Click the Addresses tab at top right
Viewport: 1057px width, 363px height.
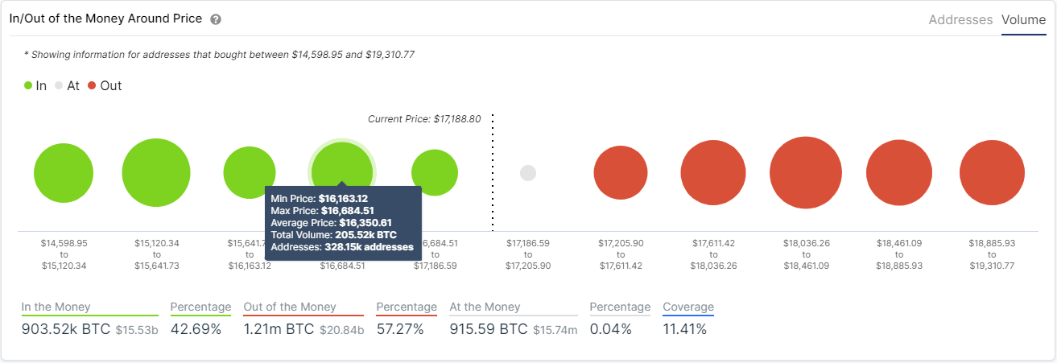click(960, 20)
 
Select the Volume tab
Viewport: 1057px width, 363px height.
click(1023, 20)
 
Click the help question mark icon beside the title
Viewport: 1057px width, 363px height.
click(216, 19)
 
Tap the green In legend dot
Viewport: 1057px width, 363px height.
click(28, 85)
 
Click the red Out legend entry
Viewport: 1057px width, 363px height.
click(105, 85)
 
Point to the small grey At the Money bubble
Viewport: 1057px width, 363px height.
click(528, 173)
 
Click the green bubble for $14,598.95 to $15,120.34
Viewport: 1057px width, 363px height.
click(57, 173)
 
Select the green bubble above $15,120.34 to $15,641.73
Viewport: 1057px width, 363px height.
click(156, 173)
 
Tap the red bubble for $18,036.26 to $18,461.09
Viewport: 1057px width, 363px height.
click(806, 173)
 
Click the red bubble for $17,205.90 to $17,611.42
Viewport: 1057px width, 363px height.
click(621, 173)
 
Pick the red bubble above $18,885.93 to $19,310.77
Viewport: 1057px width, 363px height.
click(992, 173)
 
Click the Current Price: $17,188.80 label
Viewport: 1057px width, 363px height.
click(424, 119)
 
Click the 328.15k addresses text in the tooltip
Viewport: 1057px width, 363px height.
click(369, 247)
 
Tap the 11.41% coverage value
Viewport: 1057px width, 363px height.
click(684, 329)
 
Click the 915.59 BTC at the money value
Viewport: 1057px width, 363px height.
click(489, 329)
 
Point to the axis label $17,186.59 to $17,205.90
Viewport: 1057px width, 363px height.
click(528, 254)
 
